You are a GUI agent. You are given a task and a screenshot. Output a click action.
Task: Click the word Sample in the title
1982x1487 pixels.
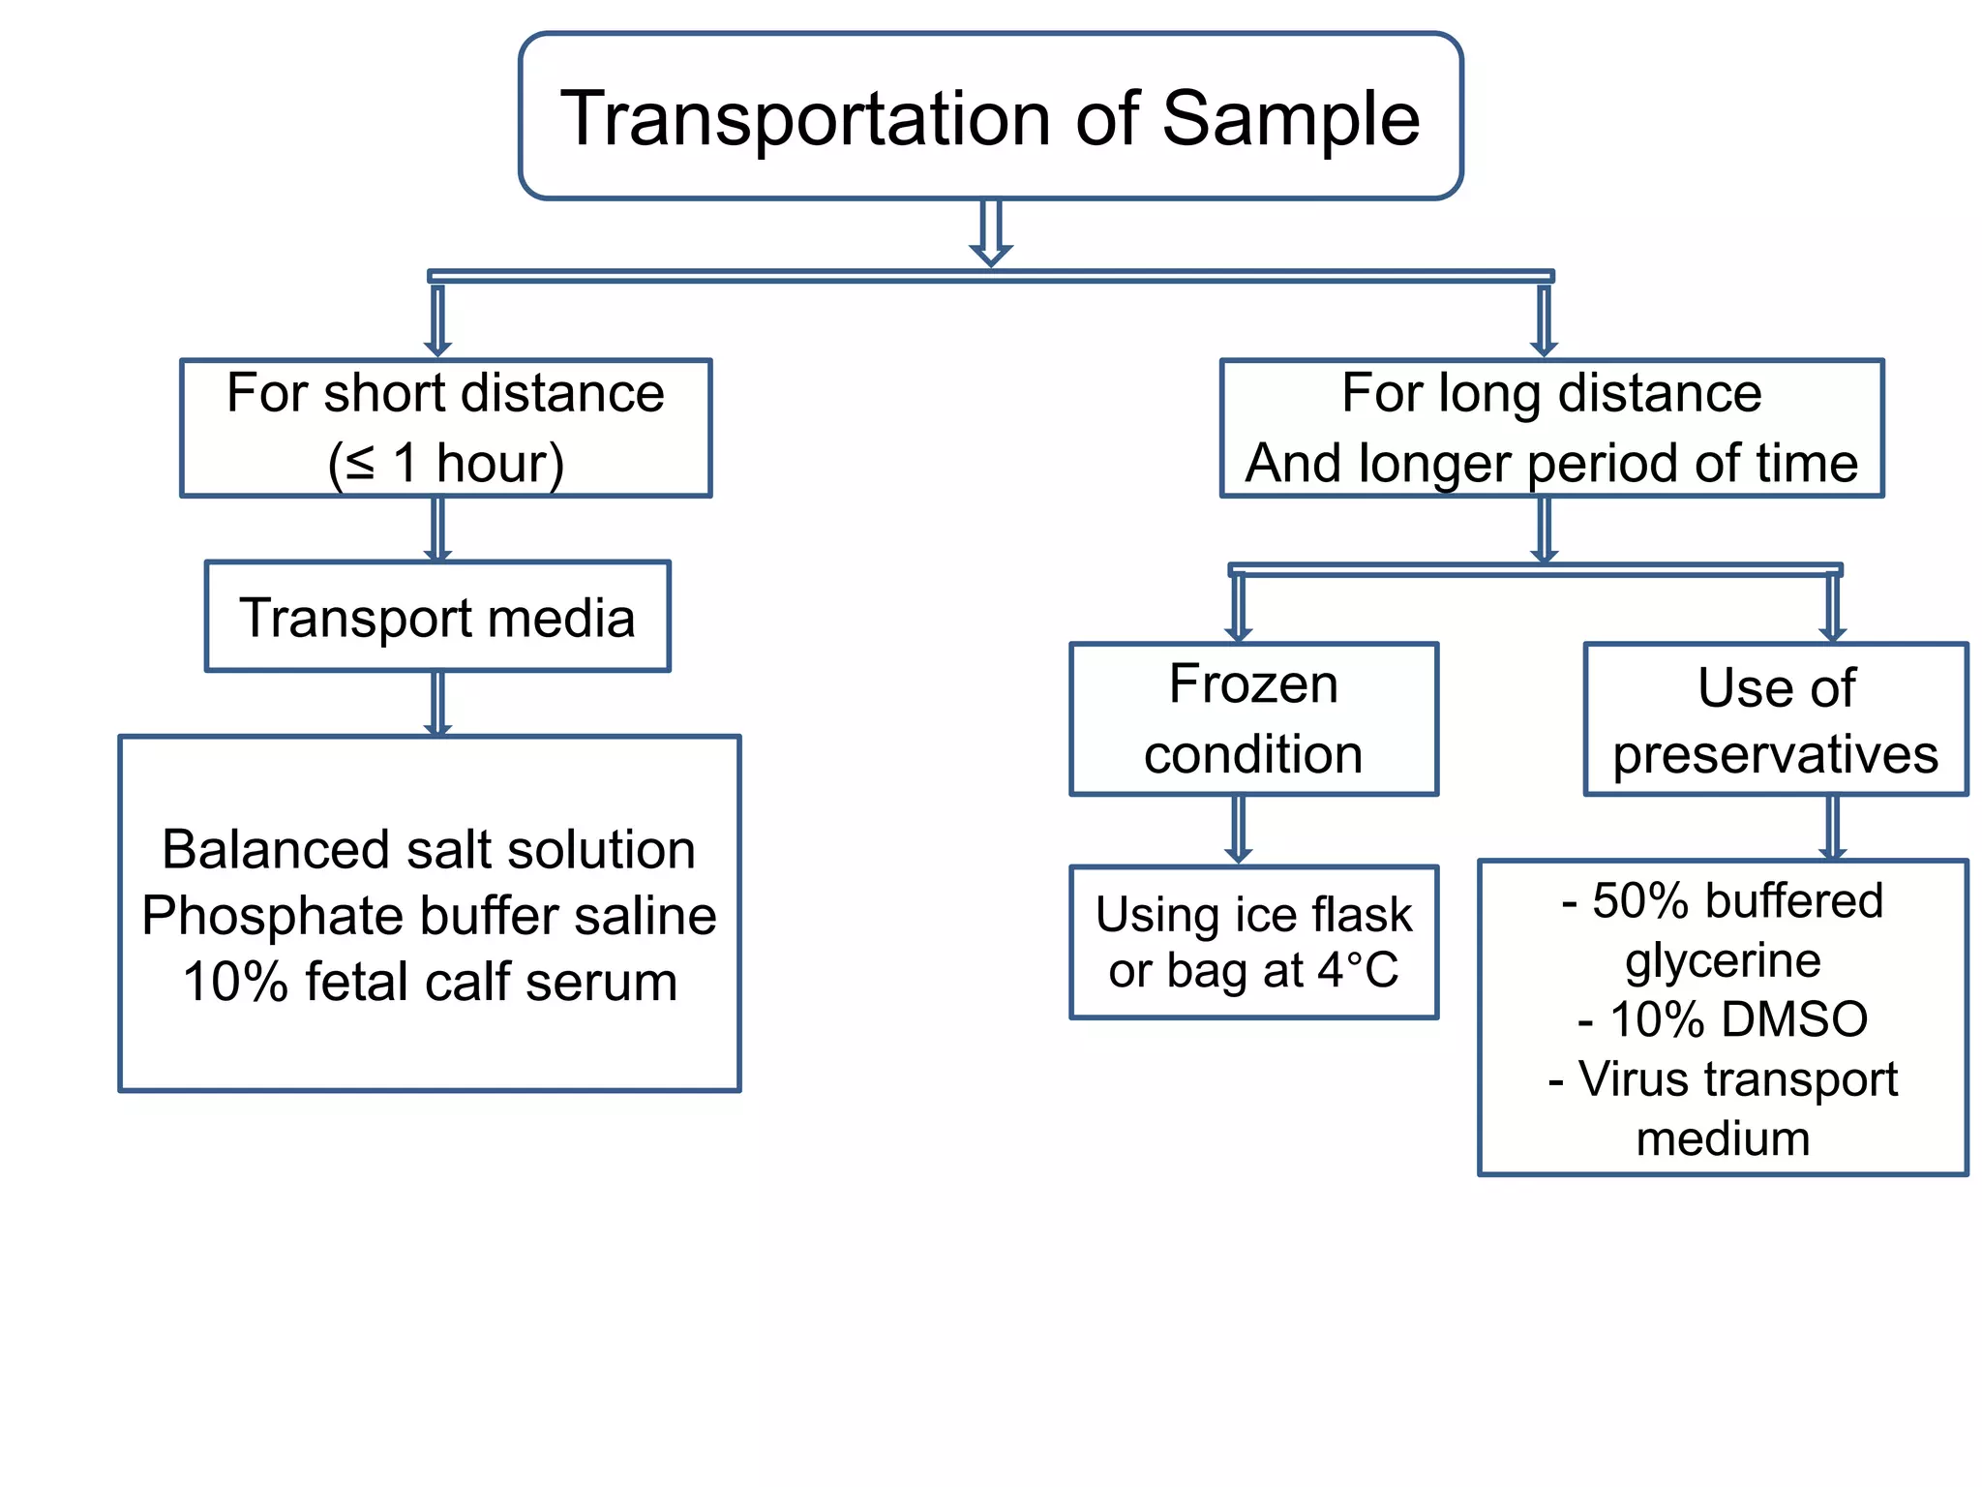coord(1289,119)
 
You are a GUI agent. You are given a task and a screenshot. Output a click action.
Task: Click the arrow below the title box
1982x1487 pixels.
coord(990,232)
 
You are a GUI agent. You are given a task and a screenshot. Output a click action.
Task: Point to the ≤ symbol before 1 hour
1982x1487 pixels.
coord(360,463)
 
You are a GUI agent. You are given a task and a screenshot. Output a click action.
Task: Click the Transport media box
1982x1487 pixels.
coord(437,617)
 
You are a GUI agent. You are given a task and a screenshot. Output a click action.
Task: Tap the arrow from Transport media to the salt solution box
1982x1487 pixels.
coord(437,704)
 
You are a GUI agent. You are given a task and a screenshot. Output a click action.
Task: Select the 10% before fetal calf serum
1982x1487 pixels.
coord(235,982)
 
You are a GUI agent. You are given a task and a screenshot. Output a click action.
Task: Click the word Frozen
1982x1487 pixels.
coord(1253,684)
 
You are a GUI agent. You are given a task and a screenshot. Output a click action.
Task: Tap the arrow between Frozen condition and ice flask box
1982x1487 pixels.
coord(1238,830)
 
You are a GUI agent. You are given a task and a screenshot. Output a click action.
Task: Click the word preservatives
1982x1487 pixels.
coord(1775,754)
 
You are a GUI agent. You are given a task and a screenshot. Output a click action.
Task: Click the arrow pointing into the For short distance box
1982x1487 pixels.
coord(437,319)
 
